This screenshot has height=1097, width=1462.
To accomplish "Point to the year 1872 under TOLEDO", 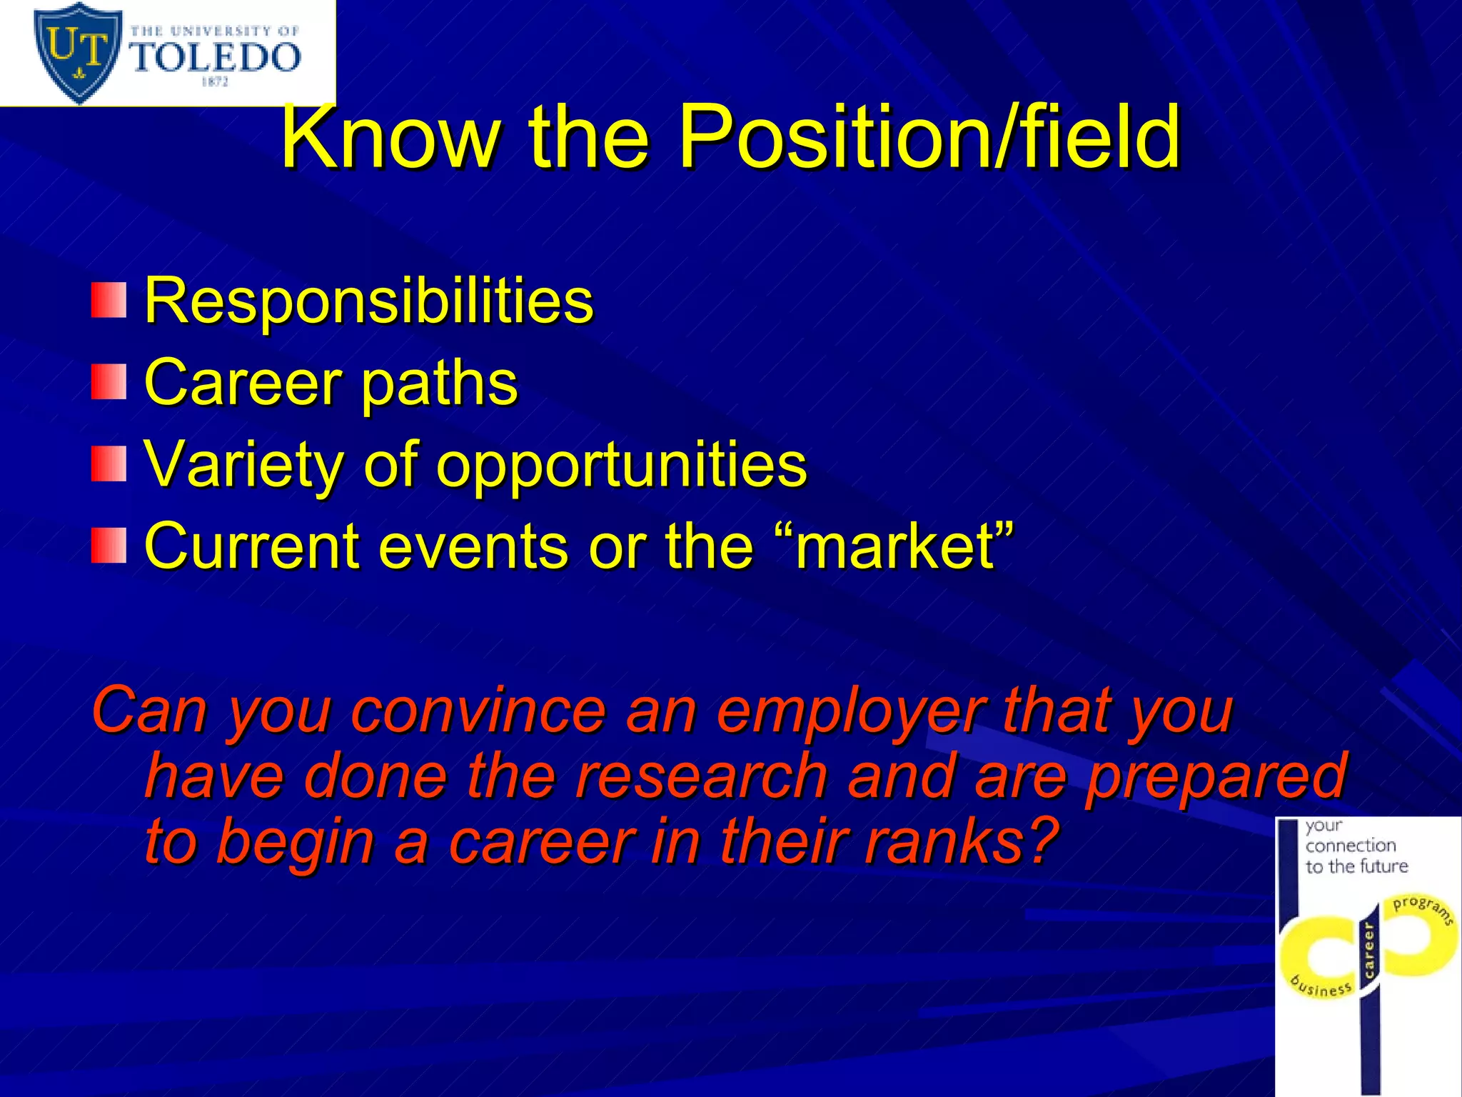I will point(215,82).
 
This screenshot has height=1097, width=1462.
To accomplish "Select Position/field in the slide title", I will point(928,137).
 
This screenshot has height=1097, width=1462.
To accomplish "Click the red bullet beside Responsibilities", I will point(109,300).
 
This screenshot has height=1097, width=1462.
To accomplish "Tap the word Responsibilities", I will point(368,301).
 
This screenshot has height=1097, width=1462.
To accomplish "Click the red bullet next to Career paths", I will point(109,382).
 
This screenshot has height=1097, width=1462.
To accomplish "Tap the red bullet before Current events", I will point(109,546).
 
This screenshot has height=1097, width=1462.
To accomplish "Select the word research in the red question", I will point(700,776).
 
